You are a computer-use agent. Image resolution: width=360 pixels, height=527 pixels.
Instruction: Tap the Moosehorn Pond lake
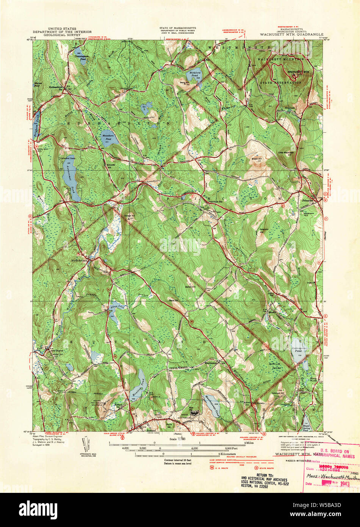pos(109,138)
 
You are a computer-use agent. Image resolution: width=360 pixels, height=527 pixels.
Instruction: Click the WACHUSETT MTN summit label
pos(298,71)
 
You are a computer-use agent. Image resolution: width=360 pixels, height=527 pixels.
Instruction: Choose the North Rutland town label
pos(80,260)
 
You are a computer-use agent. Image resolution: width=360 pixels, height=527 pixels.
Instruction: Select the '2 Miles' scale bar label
pos(249,442)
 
